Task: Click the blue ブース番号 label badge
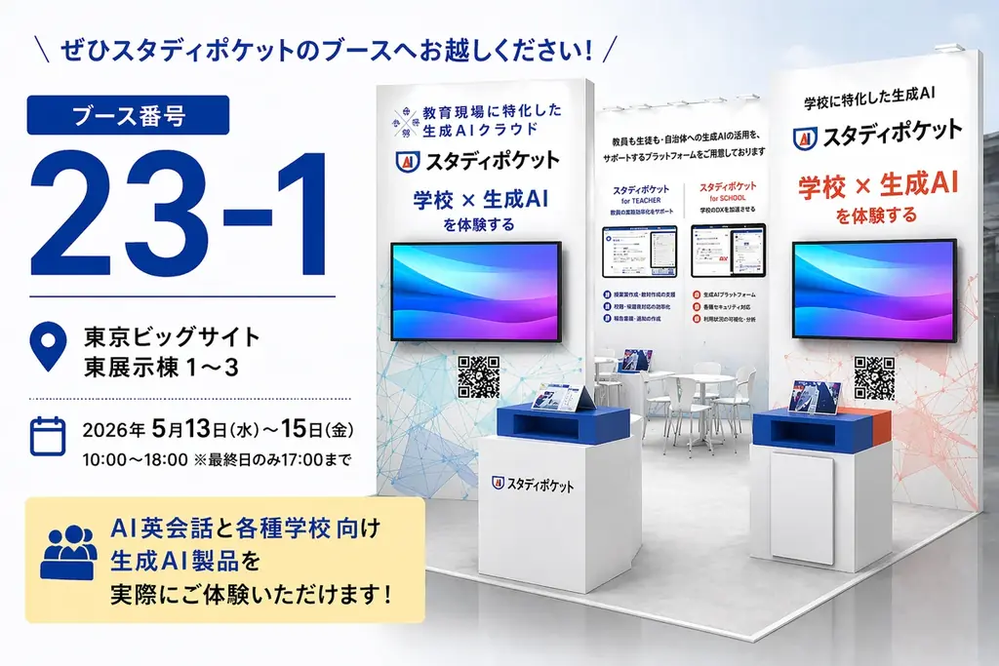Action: (128, 114)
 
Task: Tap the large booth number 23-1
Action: (180, 216)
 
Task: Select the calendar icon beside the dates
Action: (48, 436)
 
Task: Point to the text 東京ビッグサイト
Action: (172, 337)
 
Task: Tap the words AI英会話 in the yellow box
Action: (158, 530)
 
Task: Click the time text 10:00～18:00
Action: (135, 458)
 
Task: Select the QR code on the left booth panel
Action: (478, 377)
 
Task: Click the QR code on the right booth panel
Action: (874, 377)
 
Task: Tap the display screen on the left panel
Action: (476, 292)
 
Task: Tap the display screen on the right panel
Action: (874, 292)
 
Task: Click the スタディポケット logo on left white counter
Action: (533, 483)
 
